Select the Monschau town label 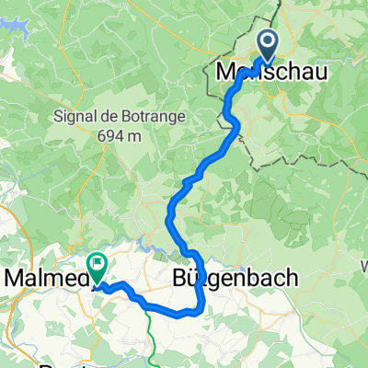pos(264,71)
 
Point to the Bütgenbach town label pos(234,277)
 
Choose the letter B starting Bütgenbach pos(181,277)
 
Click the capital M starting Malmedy pos(13,277)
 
